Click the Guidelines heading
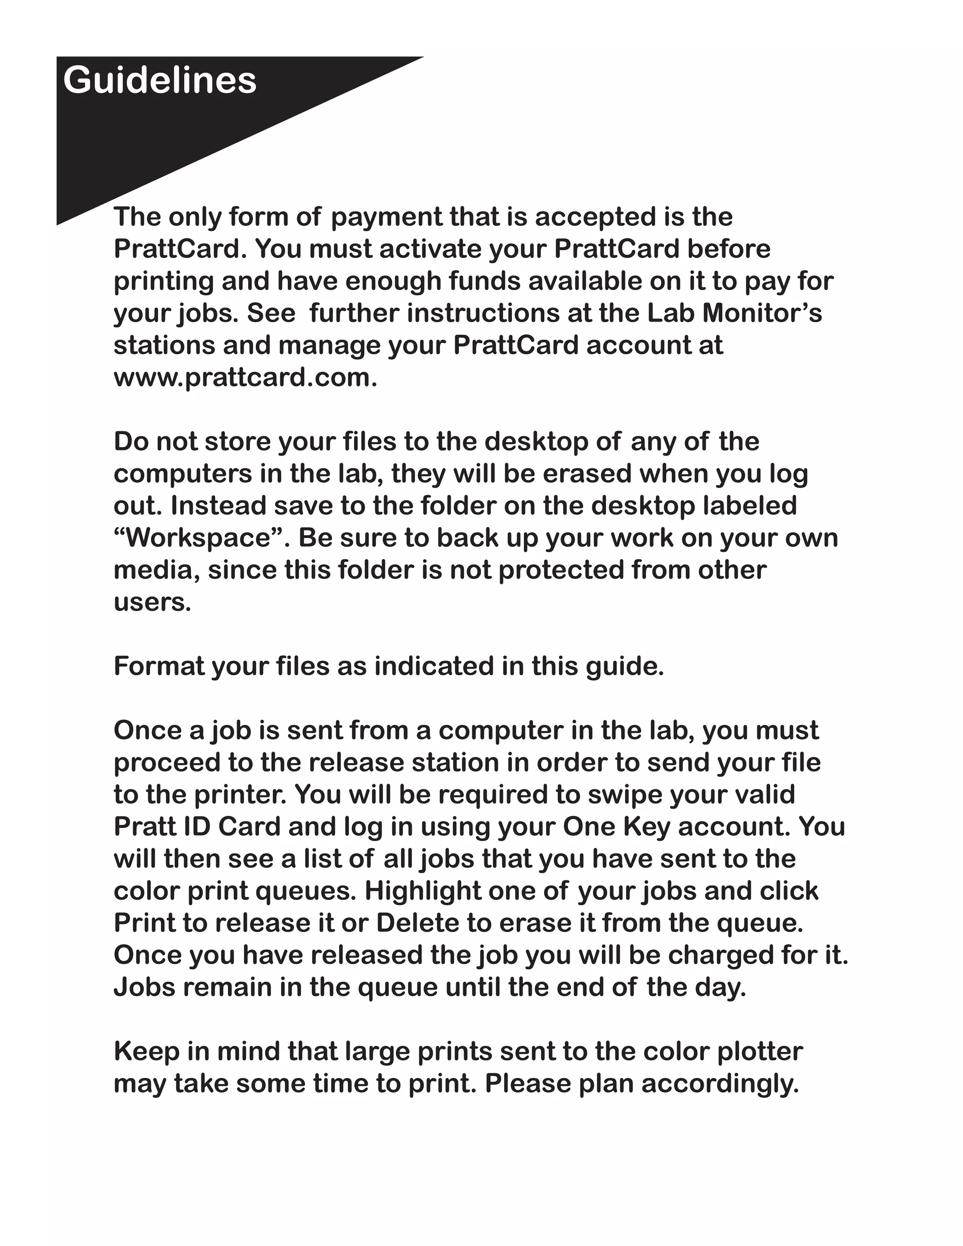(160, 80)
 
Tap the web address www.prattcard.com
(245, 378)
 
